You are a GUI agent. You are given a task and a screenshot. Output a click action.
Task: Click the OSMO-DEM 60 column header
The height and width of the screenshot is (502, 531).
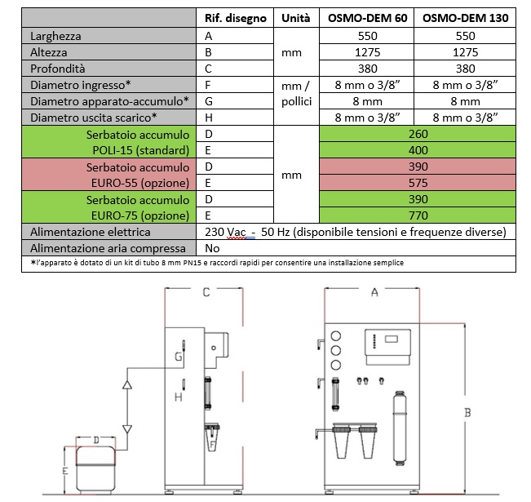tap(367, 18)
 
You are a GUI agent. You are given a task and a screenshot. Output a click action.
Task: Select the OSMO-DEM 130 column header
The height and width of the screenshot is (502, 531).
tap(465, 18)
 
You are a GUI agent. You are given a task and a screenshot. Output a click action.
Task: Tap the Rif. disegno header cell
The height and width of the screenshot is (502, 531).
tap(236, 18)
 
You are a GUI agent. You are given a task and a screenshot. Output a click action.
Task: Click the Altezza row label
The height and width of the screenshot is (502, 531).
tap(49, 52)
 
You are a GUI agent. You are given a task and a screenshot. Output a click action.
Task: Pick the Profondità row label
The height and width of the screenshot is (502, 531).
tap(58, 69)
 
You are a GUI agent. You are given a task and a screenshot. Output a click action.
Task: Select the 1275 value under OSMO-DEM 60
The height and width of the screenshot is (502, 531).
tap(367, 52)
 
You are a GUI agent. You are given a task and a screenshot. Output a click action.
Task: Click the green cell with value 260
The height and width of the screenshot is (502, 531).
tap(418, 134)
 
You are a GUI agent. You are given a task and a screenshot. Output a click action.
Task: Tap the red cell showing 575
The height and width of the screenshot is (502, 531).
tap(418, 183)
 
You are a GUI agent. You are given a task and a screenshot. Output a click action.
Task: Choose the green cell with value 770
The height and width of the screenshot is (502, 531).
tap(418, 215)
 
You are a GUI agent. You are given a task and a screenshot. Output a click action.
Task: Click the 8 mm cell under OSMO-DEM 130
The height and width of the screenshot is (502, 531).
tap(465, 101)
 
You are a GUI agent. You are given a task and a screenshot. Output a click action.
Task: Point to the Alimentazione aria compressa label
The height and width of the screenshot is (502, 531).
tap(108, 248)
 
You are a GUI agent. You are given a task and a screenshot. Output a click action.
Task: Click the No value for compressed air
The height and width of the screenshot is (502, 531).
tap(212, 248)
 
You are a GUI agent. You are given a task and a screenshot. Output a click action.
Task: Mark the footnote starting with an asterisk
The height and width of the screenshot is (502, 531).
tap(217, 263)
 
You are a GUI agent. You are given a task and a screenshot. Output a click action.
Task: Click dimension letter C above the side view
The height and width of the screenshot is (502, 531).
tap(206, 292)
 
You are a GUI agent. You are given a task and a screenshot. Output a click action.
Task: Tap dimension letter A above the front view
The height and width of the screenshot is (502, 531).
tap(374, 292)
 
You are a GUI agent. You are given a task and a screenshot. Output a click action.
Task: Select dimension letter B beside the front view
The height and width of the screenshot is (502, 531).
tap(467, 413)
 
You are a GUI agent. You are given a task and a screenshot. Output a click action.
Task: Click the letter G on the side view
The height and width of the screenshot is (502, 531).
tap(178, 356)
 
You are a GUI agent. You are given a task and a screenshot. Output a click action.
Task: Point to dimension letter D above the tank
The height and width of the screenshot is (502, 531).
tap(96, 440)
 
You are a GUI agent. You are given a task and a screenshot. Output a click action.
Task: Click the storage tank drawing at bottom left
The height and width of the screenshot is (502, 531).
tap(95, 469)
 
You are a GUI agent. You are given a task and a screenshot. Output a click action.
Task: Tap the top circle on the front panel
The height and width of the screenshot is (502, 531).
tap(336, 336)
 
